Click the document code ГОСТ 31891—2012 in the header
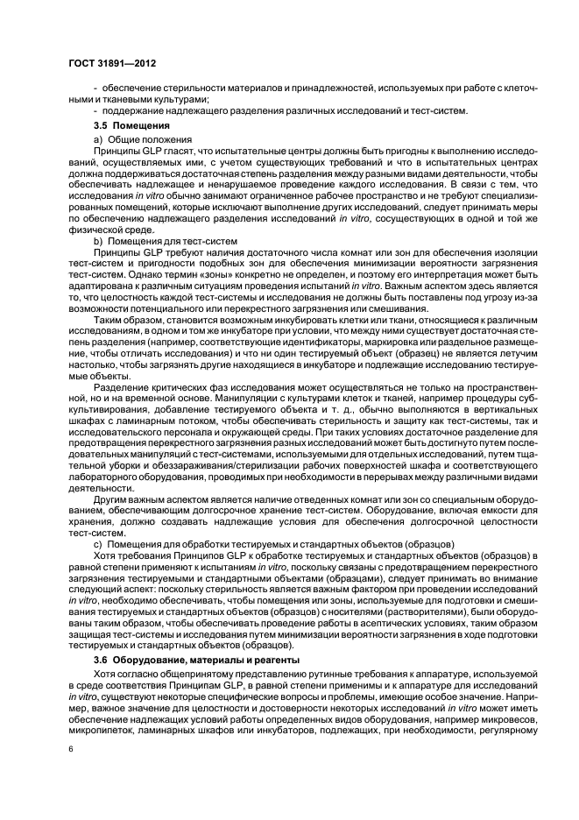pyautogui.click(x=106, y=64)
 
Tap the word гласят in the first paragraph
pyautogui.click(x=183, y=152)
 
